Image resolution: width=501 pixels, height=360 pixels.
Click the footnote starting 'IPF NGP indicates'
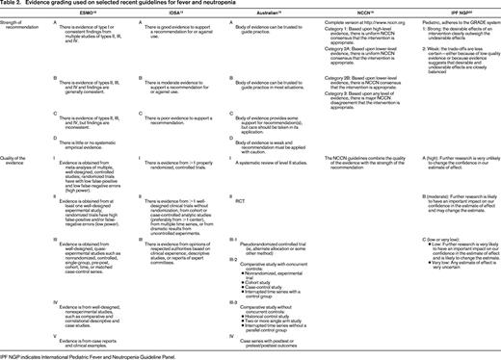[78, 354]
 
